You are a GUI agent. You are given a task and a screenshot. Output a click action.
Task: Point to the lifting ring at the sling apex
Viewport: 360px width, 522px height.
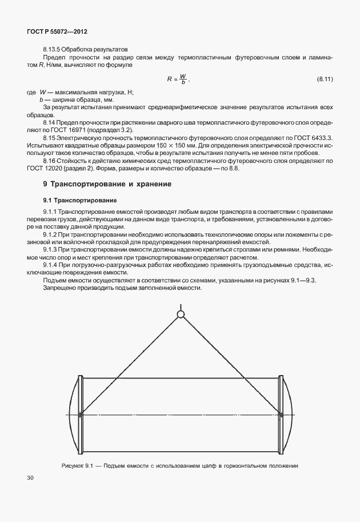coord(181,314)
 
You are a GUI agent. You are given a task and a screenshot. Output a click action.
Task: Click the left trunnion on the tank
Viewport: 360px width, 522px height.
coord(81,414)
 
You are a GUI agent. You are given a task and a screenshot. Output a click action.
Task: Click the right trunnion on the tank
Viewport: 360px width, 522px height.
coord(280,414)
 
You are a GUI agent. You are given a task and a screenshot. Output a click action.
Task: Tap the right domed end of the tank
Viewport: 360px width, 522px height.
coord(289,414)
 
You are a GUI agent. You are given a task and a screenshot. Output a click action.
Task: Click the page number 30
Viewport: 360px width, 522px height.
coord(30,477)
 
